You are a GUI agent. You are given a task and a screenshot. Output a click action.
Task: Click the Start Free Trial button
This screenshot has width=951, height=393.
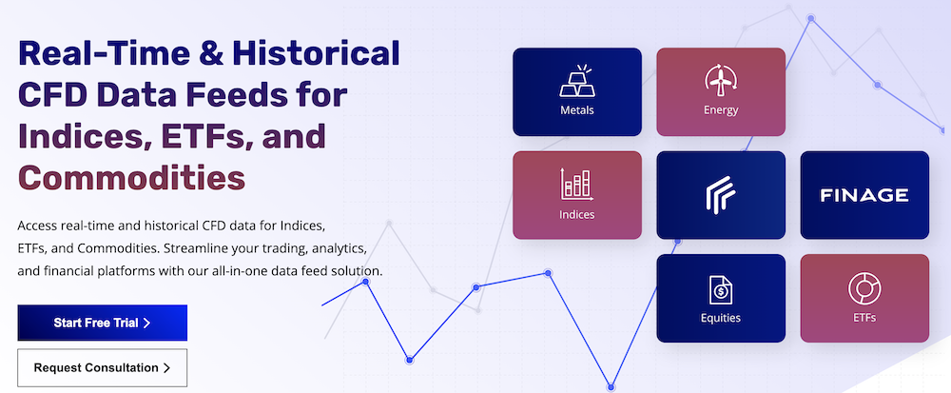pos(102,323)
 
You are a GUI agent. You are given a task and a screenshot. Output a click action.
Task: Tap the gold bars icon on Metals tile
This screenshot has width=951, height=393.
pos(577,82)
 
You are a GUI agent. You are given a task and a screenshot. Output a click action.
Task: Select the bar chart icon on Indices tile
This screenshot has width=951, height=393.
pos(577,185)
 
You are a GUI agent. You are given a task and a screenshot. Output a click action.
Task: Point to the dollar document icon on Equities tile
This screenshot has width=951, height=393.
pos(721,289)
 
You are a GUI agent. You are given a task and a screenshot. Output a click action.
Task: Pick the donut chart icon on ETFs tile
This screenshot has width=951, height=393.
pos(864,288)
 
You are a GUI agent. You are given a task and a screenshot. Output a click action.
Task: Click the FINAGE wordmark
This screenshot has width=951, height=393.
pos(864,195)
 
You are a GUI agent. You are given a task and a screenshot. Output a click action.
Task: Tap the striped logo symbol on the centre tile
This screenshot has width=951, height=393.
pos(721,195)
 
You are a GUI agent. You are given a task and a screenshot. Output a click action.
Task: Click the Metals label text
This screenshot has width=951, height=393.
pos(577,110)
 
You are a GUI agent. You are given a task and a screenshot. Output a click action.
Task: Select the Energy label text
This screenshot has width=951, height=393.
pos(721,110)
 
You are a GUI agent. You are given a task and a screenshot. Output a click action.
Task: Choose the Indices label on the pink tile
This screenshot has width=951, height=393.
pos(577,214)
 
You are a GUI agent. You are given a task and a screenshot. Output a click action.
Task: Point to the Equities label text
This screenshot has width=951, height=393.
pos(721,318)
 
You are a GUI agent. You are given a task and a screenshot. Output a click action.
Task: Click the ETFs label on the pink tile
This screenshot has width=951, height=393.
pos(864,317)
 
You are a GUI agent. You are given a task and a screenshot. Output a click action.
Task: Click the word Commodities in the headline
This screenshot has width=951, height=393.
pos(131,178)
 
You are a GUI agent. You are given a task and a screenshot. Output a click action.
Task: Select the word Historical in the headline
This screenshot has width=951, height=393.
pos(316,54)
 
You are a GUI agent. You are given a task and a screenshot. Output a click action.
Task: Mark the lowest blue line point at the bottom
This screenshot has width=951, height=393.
pos(611,387)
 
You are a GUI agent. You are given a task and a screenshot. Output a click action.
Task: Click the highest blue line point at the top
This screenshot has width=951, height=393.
pos(811,19)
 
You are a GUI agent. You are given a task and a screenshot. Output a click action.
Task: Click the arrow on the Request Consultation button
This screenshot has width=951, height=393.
pos(166,368)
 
